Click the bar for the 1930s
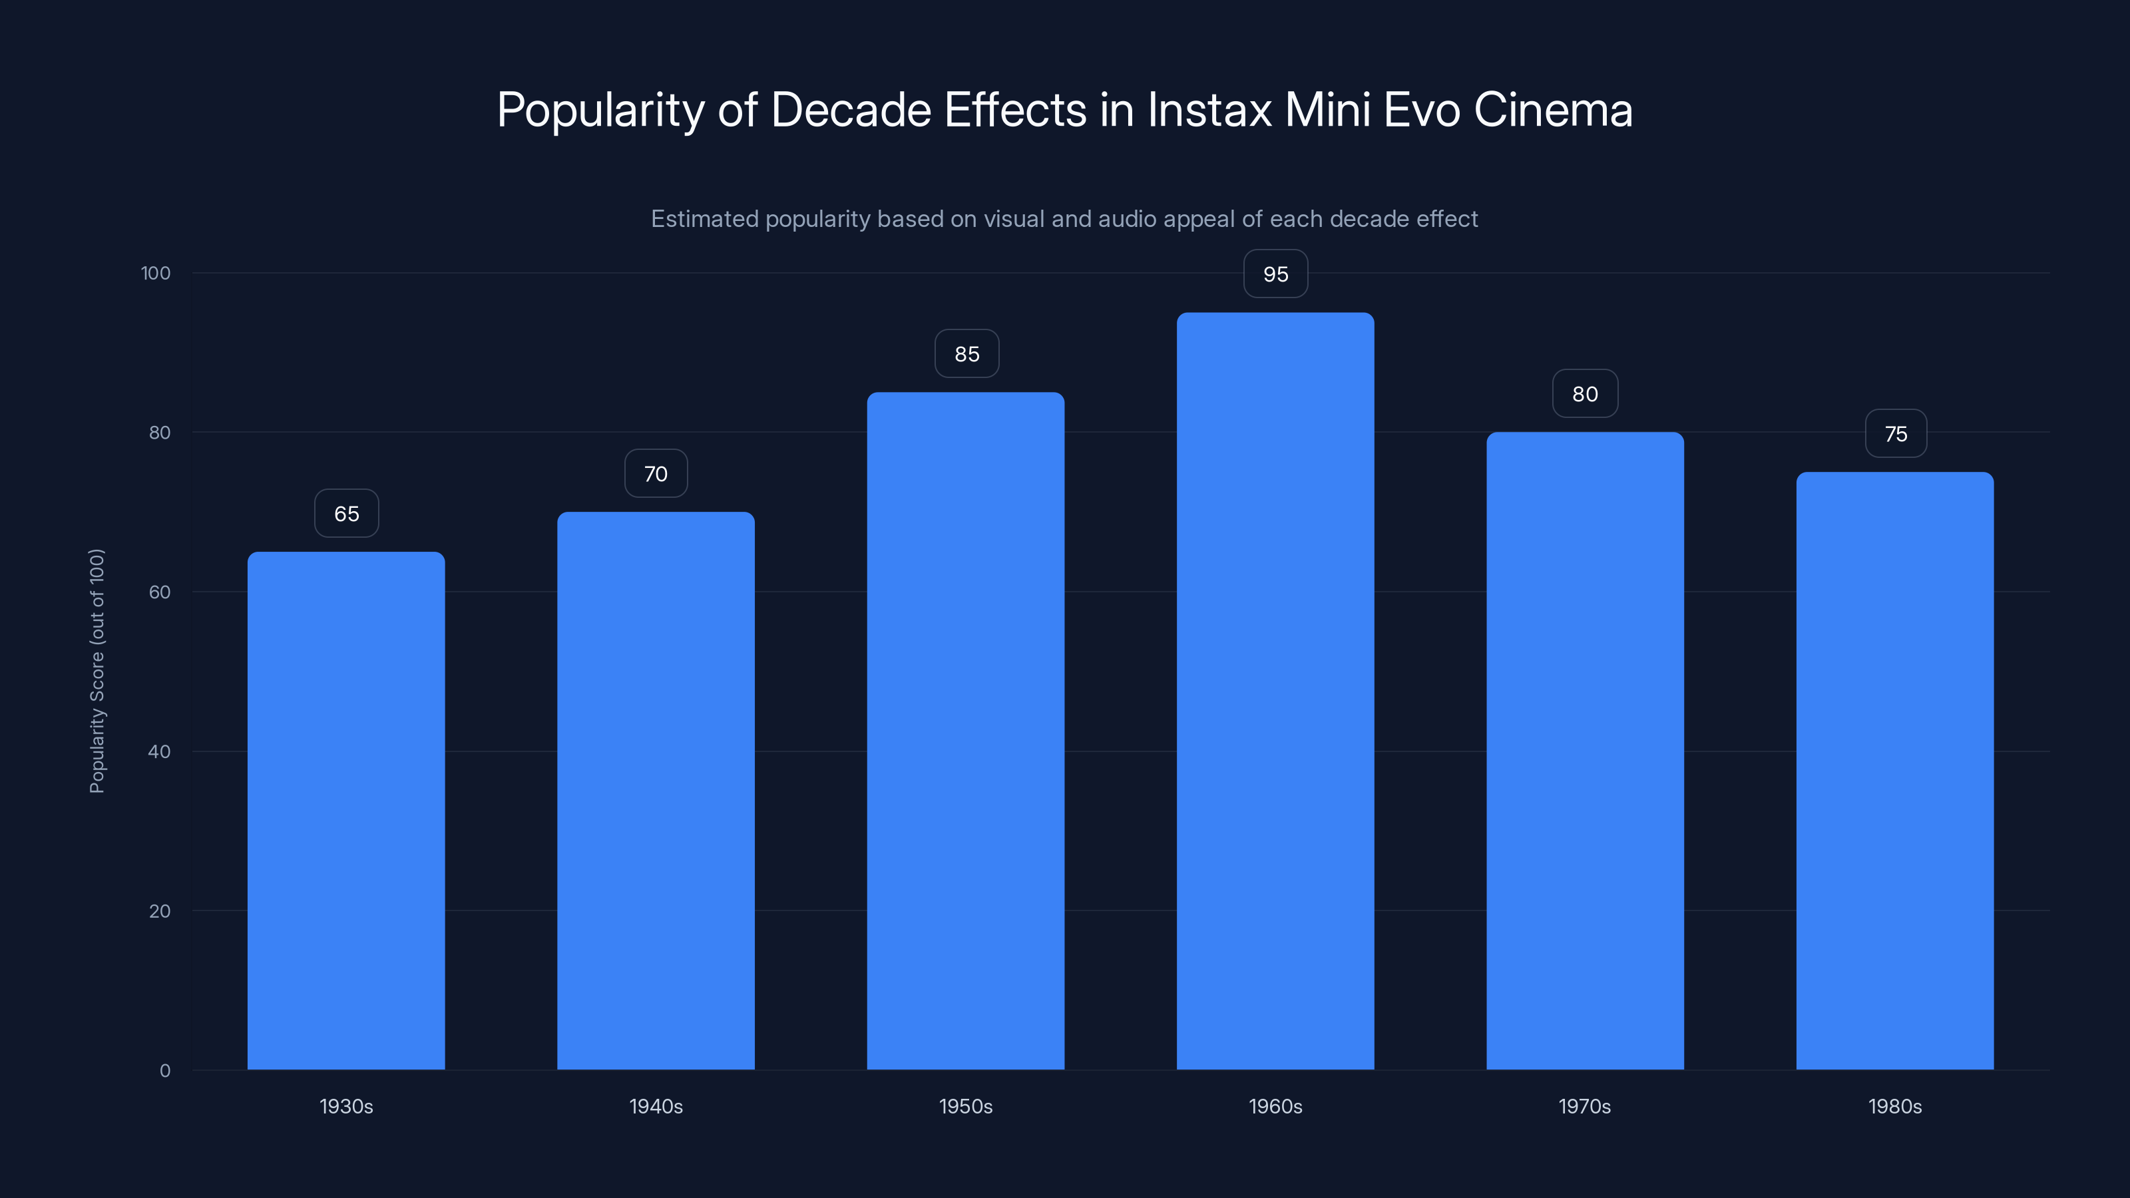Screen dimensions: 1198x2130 (x=345, y=810)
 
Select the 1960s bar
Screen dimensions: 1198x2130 (x=1275, y=690)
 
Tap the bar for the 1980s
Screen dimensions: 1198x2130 (x=1894, y=771)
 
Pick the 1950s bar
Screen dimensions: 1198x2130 (x=965, y=731)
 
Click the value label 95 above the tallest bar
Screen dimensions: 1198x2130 (x=1275, y=274)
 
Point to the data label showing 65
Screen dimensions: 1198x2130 (x=346, y=513)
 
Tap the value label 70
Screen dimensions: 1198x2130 (x=656, y=474)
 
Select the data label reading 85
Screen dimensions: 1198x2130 (x=966, y=354)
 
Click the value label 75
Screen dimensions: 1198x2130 (x=1895, y=434)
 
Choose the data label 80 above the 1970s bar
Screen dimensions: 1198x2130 (x=1584, y=395)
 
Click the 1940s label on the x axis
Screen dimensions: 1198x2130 (x=656, y=1106)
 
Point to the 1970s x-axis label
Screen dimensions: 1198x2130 (x=1584, y=1106)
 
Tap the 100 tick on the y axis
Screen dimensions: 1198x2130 (x=156, y=274)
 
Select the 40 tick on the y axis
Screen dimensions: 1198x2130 (x=159, y=751)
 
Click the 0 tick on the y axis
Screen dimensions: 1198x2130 (x=164, y=1071)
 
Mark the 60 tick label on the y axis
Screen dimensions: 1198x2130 (x=159, y=592)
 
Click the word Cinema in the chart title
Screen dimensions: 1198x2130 (x=1552, y=110)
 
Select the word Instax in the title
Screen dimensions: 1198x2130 (x=1209, y=110)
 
